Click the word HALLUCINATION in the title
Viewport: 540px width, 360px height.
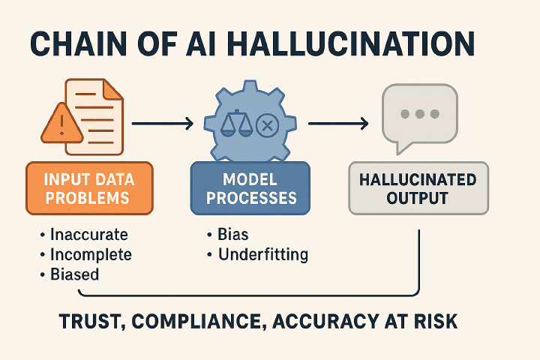(350, 44)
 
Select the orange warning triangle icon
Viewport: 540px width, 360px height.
(62, 123)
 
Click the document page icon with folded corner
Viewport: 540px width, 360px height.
(94, 117)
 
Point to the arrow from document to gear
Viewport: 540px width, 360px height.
(163, 123)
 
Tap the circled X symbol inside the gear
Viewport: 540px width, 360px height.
(267, 125)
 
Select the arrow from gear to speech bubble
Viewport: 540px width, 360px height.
(338, 123)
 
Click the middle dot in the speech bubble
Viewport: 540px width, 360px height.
(420, 114)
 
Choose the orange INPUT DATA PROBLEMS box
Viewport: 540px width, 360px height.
(89, 188)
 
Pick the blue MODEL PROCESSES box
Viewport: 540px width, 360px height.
(250, 188)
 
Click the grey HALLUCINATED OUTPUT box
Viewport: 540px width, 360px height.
(418, 188)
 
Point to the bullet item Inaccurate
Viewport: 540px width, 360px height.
(84, 235)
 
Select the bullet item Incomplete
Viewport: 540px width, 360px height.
(86, 254)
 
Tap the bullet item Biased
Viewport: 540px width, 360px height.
(70, 274)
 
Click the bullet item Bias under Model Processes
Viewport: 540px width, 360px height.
(228, 235)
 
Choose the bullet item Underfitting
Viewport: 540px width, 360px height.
(257, 255)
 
